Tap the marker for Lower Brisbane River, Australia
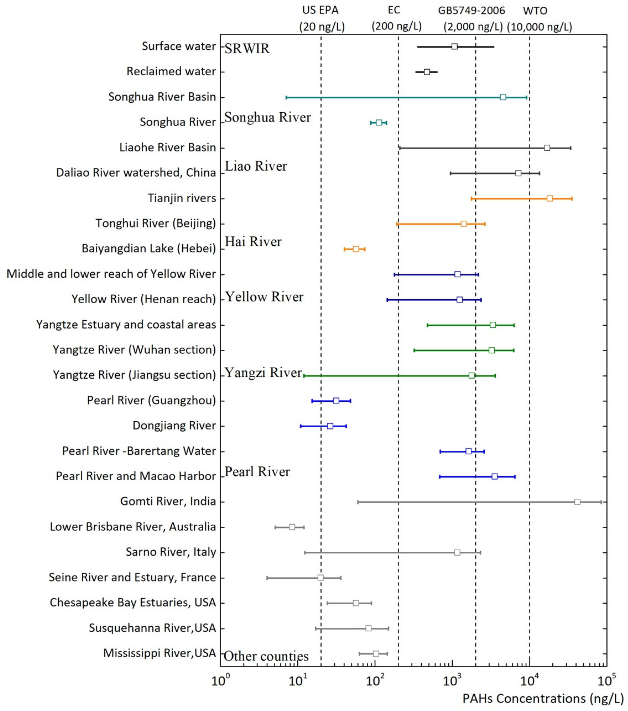click(292, 527)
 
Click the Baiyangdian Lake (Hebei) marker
click(356, 249)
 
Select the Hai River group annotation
click(253, 242)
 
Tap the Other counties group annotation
click(266, 656)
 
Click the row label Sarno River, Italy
click(171, 552)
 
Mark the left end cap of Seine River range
click(267, 578)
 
